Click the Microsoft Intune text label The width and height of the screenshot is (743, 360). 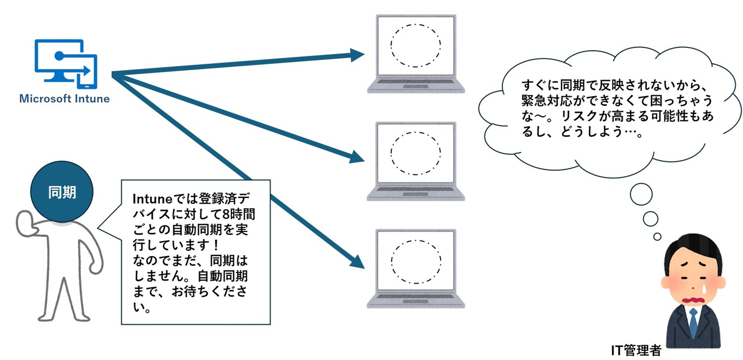pos(64,99)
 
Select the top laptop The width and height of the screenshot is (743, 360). pos(416,54)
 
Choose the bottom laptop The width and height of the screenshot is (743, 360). pos(416,269)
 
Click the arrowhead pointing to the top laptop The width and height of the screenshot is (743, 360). pos(357,55)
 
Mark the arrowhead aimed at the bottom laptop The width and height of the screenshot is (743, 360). pos(357,262)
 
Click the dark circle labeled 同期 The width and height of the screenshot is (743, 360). pos(62,192)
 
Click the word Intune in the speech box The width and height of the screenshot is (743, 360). pos(152,199)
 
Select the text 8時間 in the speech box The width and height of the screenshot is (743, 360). pos(239,214)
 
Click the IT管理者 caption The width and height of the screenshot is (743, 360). pos(636,350)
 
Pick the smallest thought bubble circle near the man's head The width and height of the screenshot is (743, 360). pos(657,237)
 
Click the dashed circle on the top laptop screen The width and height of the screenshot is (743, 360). pos(416,46)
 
